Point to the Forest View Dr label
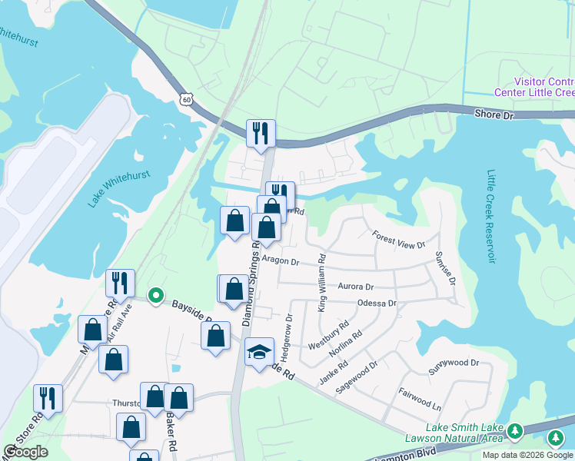click(x=398, y=240)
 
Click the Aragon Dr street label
click(x=280, y=261)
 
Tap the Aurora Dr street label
click(x=355, y=287)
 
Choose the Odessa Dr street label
click(x=377, y=303)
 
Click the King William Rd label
click(x=322, y=283)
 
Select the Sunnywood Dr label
click(x=454, y=363)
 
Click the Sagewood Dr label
click(x=357, y=377)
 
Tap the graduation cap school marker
click(x=260, y=351)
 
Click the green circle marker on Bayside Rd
click(x=156, y=295)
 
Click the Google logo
click(x=26, y=452)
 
